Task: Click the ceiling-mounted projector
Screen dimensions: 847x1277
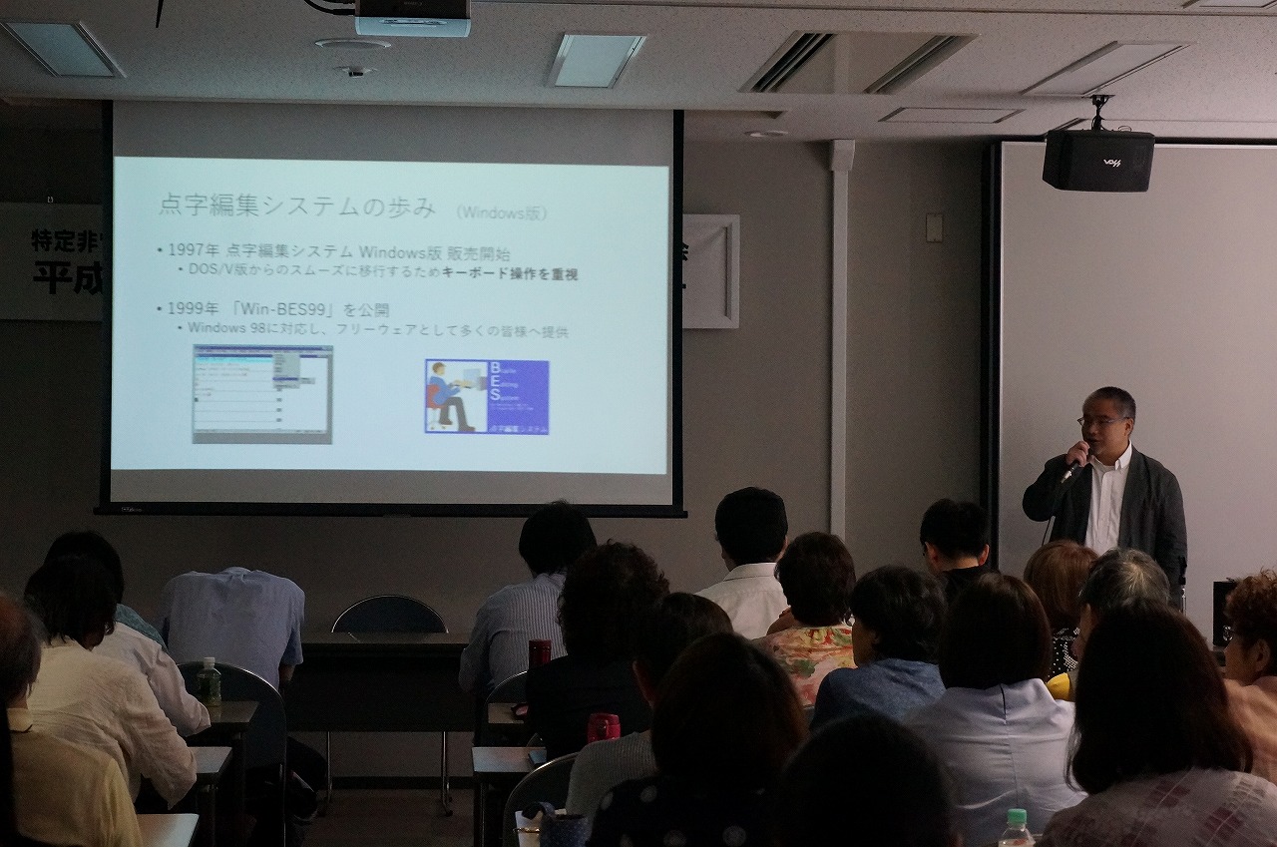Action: tap(412, 17)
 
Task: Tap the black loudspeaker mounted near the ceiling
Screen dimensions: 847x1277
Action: tap(1097, 160)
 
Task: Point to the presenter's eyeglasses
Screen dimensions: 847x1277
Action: tap(1100, 421)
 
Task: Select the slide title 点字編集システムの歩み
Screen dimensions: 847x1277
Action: tap(297, 207)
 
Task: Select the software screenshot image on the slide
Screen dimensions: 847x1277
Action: tap(262, 394)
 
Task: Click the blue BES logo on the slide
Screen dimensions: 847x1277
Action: tap(487, 396)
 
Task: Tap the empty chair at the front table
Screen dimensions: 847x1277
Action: tap(389, 616)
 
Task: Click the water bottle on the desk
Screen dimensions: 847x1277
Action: tap(209, 681)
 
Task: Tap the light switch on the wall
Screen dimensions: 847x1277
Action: tap(934, 227)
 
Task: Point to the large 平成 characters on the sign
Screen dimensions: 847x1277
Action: tap(68, 277)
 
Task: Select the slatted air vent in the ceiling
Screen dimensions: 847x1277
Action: tap(858, 62)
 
